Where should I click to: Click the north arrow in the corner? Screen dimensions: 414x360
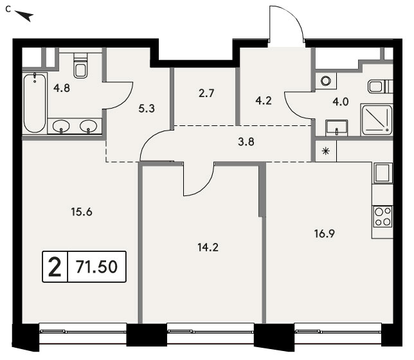pos(25,16)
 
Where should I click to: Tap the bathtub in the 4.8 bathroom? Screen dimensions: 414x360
pos(35,104)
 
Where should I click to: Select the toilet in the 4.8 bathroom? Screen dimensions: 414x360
pos(80,66)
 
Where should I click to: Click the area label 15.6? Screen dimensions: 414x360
pos(81,212)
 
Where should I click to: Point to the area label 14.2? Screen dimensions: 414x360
pos(208,248)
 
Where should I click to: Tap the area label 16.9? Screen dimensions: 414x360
pos(325,233)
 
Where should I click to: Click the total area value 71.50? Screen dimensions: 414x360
pos(96,267)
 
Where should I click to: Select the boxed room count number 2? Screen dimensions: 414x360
pos(55,267)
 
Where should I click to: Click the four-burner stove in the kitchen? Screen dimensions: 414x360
pos(382,217)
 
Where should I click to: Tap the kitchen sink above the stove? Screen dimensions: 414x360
pos(382,173)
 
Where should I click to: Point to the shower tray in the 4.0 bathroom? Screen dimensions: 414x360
pos(377,120)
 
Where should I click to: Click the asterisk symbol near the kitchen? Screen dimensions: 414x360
pos(326,151)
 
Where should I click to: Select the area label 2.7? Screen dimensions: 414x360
pos(206,93)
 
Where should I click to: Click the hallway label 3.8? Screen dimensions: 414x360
pos(246,142)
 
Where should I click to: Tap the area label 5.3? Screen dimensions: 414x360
pos(147,108)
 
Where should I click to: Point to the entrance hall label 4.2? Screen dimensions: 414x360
pos(264,101)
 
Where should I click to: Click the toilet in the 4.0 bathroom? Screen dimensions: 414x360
pos(380,86)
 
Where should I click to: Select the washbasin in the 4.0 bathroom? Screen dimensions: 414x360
pos(337,128)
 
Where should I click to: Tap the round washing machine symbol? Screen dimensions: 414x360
pos(326,81)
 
